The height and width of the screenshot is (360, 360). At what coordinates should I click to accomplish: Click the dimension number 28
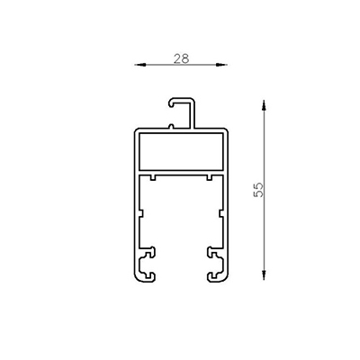tap(181, 58)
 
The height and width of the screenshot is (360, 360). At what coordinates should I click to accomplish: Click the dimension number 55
tap(259, 190)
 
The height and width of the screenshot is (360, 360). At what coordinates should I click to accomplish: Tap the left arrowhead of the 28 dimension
tap(138, 65)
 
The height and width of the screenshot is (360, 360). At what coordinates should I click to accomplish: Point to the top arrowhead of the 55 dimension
tap(264, 102)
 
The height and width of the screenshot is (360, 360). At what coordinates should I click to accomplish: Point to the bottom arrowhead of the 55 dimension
tap(264, 279)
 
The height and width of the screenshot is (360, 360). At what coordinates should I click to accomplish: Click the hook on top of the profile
tap(181, 99)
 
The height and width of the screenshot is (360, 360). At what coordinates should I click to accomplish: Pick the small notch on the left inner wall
tap(142, 212)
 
